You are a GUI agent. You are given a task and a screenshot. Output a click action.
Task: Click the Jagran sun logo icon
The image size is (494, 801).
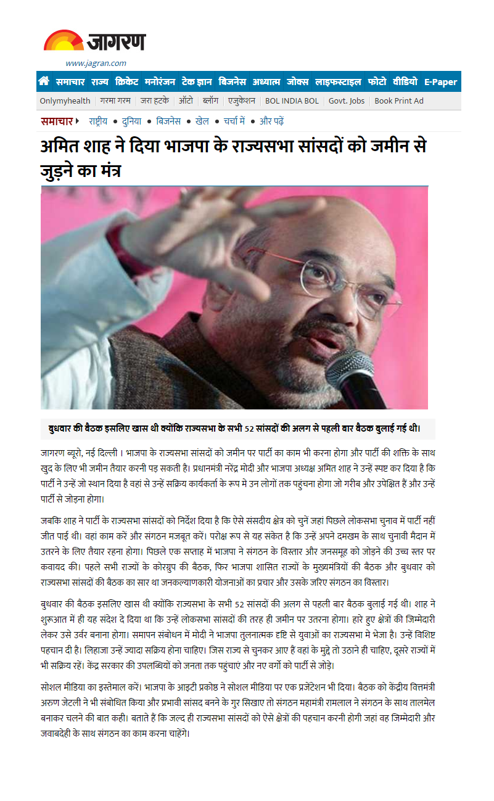(63, 41)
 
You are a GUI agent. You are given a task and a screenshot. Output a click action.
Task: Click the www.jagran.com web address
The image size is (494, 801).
(96, 63)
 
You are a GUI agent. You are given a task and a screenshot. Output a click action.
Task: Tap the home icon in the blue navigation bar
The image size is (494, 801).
(44, 81)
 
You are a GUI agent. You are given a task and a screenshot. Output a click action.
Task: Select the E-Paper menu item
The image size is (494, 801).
(440, 82)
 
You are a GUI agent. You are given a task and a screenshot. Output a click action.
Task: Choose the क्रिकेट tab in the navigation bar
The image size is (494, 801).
(126, 81)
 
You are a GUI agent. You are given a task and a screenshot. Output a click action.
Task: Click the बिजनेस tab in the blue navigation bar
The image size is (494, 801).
(232, 81)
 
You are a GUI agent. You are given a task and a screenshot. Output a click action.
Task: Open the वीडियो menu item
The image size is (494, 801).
(405, 81)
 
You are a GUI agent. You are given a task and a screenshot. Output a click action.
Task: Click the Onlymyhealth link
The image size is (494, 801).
(65, 101)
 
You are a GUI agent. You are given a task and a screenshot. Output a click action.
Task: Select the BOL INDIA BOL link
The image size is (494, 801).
(292, 101)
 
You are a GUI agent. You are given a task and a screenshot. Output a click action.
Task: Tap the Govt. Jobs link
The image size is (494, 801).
(347, 101)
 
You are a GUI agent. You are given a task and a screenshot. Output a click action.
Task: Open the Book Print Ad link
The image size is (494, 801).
(399, 101)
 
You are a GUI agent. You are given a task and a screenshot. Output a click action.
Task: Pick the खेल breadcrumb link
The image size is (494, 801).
(202, 121)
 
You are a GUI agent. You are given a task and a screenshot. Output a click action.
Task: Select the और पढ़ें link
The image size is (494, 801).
(271, 121)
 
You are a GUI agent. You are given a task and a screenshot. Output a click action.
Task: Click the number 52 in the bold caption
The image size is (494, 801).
(250, 429)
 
